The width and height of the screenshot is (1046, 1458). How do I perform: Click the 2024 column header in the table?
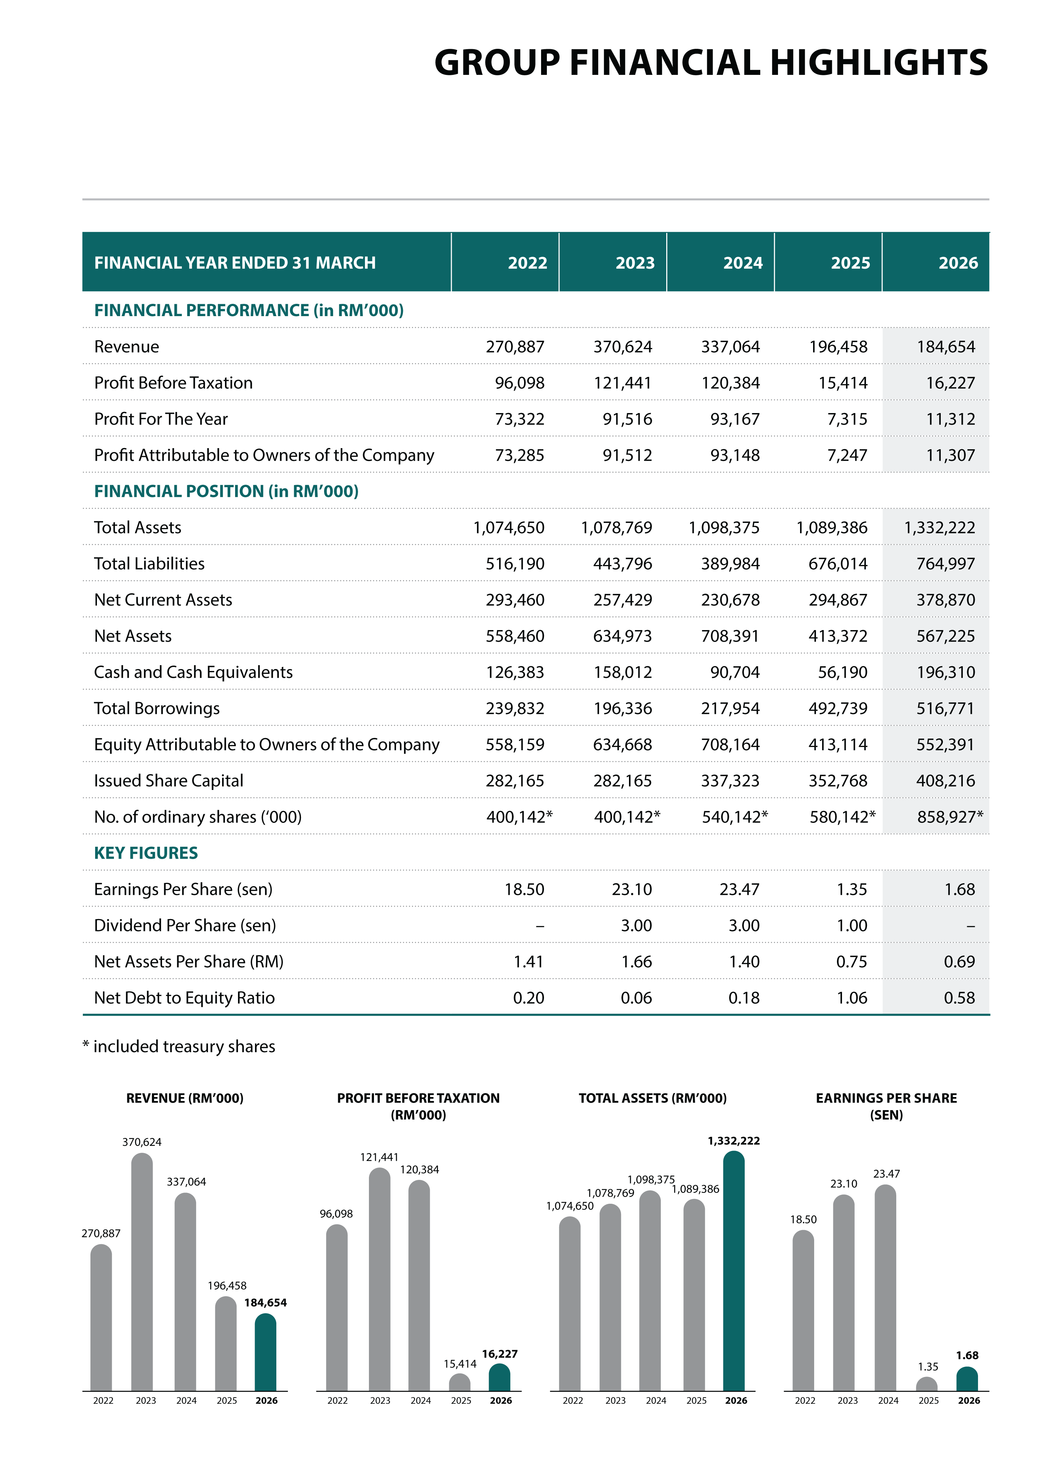pos(743,263)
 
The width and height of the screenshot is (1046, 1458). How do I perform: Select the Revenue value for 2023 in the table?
pos(622,347)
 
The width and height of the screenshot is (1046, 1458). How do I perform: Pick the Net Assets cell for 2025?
pos(838,636)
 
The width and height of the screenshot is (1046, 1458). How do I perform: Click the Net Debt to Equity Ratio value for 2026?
pos(959,997)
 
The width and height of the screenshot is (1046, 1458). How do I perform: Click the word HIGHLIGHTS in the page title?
pos(879,63)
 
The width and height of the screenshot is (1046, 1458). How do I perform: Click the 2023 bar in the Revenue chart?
pos(142,1272)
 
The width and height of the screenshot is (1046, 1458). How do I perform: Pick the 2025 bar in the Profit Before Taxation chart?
pos(460,1382)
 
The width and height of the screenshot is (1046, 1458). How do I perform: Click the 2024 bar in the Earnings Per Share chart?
pos(885,1288)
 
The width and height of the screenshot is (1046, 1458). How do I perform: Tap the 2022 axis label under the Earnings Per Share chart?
pos(805,1400)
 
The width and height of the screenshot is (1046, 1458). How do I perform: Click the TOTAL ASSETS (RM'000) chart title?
pos(652,1098)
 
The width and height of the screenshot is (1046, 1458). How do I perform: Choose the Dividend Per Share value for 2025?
pos(852,925)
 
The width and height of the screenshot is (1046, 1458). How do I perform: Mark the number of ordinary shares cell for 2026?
pos(949,816)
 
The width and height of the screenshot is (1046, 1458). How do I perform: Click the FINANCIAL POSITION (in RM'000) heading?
pos(226,491)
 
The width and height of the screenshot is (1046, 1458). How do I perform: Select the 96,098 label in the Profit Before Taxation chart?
pos(336,1214)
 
